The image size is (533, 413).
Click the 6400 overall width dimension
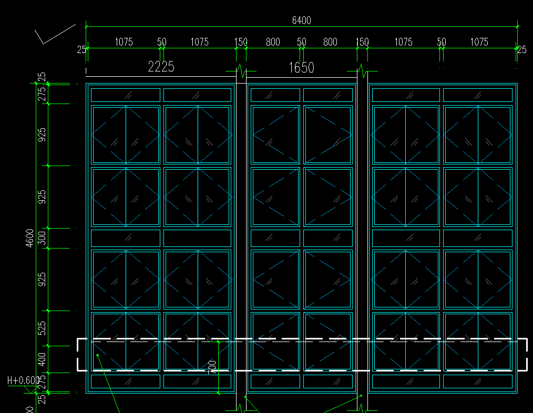[x=301, y=20]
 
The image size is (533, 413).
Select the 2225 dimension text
[x=161, y=67]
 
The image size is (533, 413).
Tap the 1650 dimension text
[x=301, y=68]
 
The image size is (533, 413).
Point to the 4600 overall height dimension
[x=30, y=238]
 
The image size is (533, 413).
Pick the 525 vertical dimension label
[x=42, y=328]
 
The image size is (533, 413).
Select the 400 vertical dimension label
[x=42, y=359]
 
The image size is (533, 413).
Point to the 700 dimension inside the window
[x=213, y=367]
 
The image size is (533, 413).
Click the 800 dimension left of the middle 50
[x=273, y=42]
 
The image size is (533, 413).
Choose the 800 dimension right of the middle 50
[x=330, y=42]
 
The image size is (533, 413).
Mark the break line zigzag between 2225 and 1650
[x=241, y=69]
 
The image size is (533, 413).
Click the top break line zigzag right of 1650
[x=362, y=69]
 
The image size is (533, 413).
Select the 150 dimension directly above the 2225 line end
[x=240, y=42]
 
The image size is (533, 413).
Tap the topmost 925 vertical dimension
[x=42, y=135]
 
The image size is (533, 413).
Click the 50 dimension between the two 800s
[x=301, y=42]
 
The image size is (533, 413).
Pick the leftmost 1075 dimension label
[x=124, y=42]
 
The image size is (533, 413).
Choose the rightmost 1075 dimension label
[x=479, y=42]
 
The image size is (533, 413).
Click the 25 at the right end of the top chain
[x=521, y=50]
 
